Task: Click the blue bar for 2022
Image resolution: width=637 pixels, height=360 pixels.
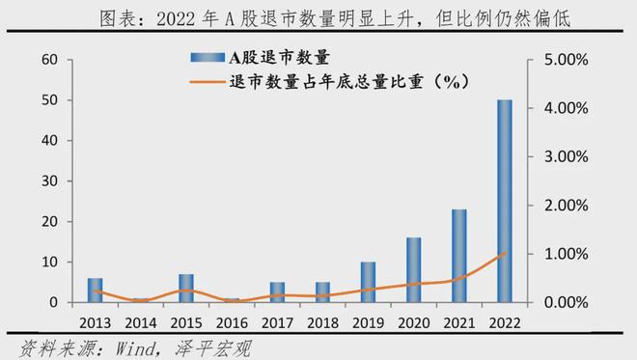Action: pyautogui.click(x=505, y=201)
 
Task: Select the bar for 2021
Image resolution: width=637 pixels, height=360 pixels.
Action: pyautogui.click(x=459, y=256)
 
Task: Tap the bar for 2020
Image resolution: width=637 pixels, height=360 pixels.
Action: pyautogui.click(x=413, y=270)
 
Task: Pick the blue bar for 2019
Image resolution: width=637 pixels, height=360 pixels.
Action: pyautogui.click(x=368, y=282)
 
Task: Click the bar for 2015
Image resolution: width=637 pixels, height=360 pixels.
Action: pyautogui.click(x=186, y=288)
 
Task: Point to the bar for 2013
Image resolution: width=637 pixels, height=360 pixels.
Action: pyautogui.click(x=95, y=291)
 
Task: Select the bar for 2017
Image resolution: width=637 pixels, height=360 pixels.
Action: pyautogui.click(x=277, y=292)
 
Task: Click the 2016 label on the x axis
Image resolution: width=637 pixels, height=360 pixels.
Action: pyautogui.click(x=232, y=323)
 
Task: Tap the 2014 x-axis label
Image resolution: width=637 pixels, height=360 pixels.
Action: pyautogui.click(x=141, y=323)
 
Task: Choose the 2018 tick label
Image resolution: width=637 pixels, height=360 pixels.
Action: pyautogui.click(x=322, y=323)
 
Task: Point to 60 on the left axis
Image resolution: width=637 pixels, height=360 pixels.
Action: pyautogui.click(x=49, y=59)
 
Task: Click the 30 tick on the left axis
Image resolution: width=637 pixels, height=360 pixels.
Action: pyautogui.click(x=49, y=180)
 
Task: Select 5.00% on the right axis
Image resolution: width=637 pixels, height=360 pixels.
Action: pyautogui.click(x=566, y=60)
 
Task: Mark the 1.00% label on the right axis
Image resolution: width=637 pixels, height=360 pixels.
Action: pyautogui.click(x=566, y=254)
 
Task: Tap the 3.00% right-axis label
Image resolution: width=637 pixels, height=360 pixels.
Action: pyautogui.click(x=566, y=156)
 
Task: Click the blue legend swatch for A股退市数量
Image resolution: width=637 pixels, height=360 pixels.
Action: pyautogui.click(x=208, y=57)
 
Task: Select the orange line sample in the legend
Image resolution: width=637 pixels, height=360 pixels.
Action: pyautogui.click(x=208, y=82)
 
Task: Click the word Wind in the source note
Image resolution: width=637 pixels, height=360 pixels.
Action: pyautogui.click(x=135, y=348)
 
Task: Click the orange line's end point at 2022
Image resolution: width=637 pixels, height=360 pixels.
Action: pyautogui.click(x=505, y=252)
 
